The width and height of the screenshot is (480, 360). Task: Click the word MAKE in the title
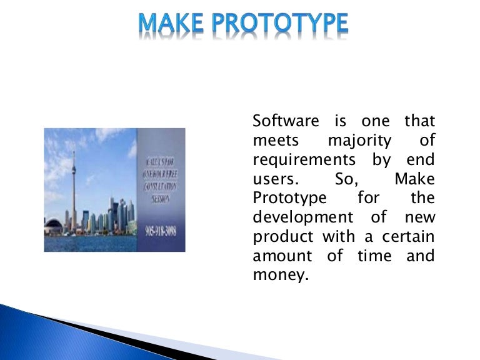tap(170, 23)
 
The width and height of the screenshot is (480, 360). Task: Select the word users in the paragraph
tap(275, 179)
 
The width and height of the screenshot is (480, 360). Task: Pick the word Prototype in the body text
tap(289, 199)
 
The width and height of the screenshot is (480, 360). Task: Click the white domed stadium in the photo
tap(54, 224)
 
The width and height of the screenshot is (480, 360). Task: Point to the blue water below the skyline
tap(94, 241)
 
